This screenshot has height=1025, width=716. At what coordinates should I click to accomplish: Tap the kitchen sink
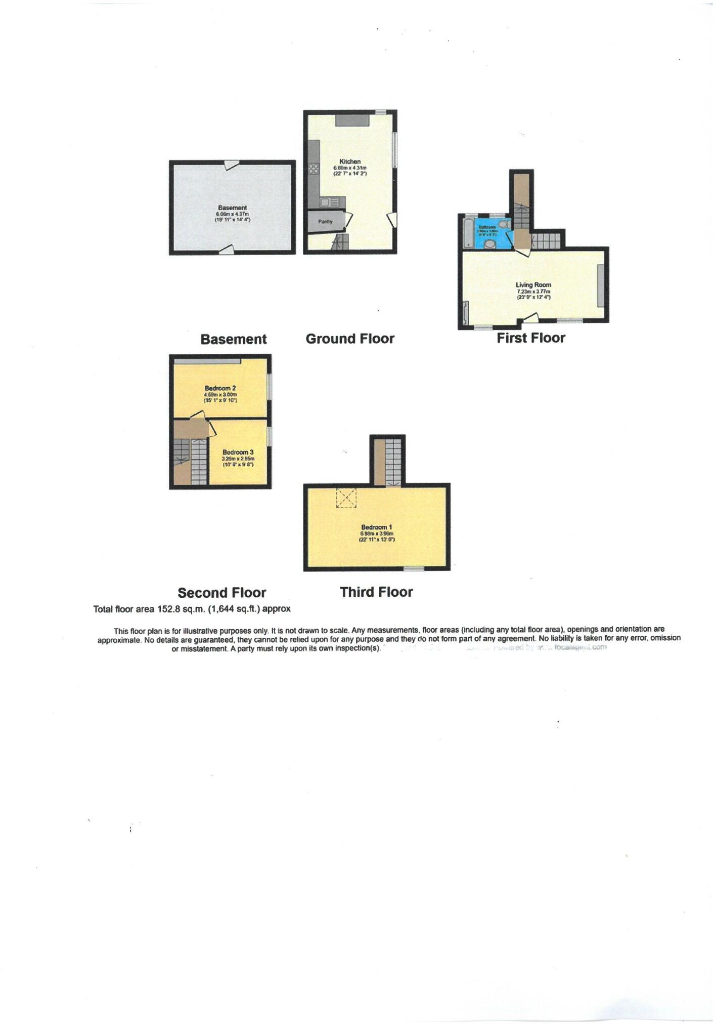[x=332, y=202]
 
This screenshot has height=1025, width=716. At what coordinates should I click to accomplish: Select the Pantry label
[x=326, y=221]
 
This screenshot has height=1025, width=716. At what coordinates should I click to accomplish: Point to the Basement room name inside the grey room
[x=233, y=208]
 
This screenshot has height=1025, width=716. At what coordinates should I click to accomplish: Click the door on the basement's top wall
[x=232, y=165]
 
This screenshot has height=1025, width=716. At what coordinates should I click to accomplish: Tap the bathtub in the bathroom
[x=467, y=233]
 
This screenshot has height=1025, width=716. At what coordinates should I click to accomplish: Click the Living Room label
[x=533, y=285]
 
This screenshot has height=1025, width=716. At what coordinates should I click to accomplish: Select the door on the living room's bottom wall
[x=530, y=318]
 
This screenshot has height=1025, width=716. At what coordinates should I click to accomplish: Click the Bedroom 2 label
[x=220, y=388]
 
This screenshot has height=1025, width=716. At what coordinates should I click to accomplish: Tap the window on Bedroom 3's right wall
[x=269, y=436]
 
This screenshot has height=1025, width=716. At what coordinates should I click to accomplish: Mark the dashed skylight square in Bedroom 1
[x=346, y=498]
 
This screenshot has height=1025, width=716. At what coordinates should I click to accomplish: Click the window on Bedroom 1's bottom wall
[x=414, y=569]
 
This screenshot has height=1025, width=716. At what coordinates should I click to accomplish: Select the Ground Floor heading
[x=350, y=339]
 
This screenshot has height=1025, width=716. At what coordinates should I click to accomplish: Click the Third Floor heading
[x=376, y=592]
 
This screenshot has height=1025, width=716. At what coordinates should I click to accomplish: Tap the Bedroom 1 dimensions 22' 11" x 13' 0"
[x=377, y=540]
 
